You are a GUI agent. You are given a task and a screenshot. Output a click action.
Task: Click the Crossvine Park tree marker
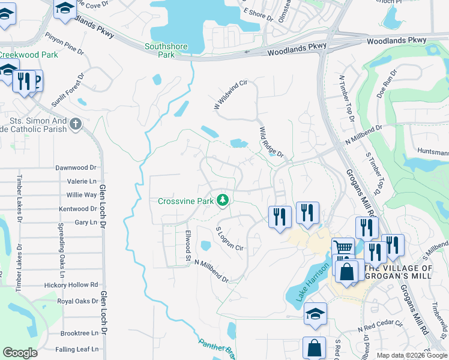(x=223, y=200)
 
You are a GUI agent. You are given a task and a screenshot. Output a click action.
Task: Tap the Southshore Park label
(x=166, y=50)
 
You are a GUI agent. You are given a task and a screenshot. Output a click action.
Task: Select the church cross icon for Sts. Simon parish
(x=75, y=124)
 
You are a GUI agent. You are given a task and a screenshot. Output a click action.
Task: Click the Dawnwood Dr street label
(x=76, y=168)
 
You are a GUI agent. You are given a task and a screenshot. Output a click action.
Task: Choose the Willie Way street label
(x=82, y=195)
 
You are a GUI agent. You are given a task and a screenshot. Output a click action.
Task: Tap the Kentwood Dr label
(x=78, y=209)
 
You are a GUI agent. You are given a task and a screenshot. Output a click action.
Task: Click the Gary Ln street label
(x=85, y=223)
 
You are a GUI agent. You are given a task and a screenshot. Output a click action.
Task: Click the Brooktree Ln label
(x=79, y=333)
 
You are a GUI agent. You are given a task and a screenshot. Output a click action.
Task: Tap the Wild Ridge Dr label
(x=271, y=142)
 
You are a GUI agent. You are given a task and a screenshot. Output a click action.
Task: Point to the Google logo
(x=20, y=353)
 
